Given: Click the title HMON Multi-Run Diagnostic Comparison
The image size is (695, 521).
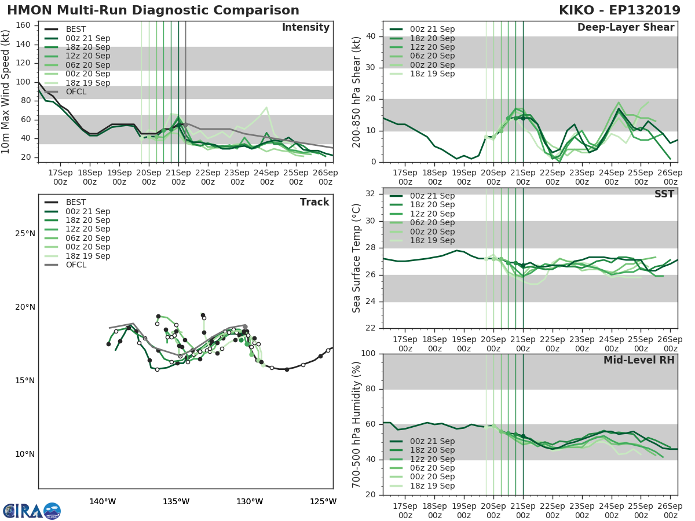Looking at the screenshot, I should [153, 10].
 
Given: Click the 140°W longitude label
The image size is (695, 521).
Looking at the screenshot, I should [103, 501].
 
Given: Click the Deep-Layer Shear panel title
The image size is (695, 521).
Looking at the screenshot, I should [625, 28].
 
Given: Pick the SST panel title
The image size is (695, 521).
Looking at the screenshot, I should [664, 194].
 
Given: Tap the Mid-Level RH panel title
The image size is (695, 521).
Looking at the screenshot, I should [639, 360].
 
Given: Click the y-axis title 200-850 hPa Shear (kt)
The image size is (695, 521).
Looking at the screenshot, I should [357, 91].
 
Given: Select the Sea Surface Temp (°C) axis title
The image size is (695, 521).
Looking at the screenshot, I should [357, 258].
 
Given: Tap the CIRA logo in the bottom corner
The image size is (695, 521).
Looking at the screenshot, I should [31, 511].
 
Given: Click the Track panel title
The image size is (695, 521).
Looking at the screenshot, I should [314, 202].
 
